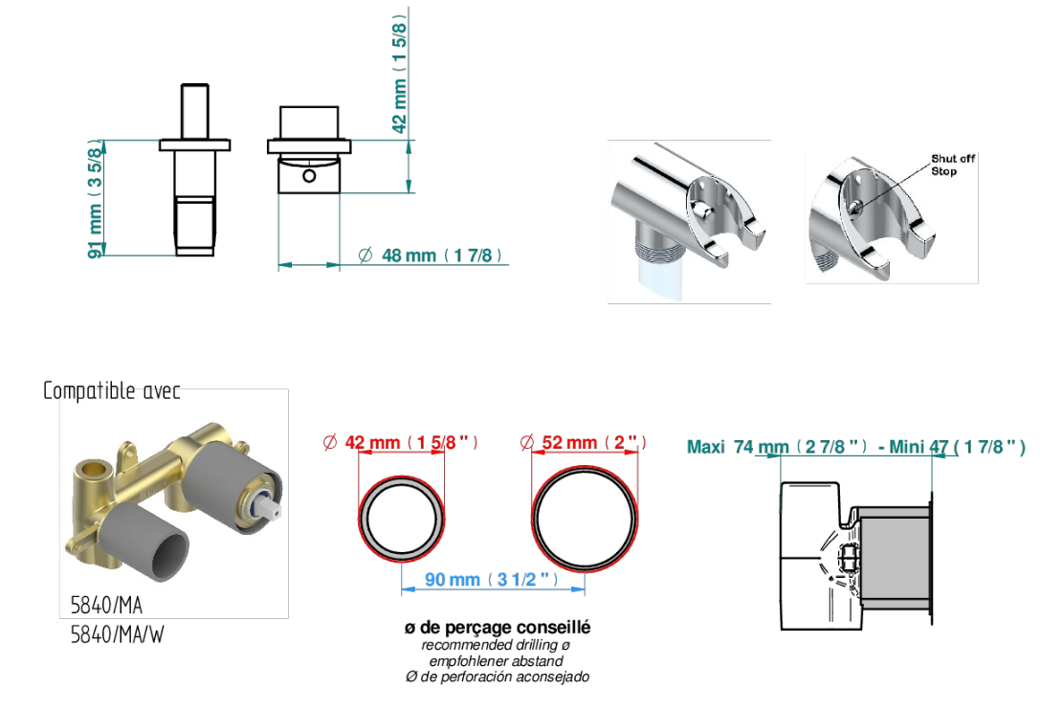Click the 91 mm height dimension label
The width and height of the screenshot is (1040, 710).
pyautogui.click(x=97, y=198)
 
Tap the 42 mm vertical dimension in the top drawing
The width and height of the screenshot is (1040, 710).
pyautogui.click(x=399, y=74)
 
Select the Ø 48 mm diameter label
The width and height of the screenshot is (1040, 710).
pyautogui.click(x=430, y=255)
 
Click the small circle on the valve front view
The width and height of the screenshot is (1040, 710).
pyautogui.click(x=309, y=176)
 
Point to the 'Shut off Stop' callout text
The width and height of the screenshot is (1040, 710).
pyautogui.click(x=952, y=165)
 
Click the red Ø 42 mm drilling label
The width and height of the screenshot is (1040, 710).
pyautogui.click(x=400, y=442)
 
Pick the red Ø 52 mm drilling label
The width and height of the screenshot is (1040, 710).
pyautogui.click(x=583, y=442)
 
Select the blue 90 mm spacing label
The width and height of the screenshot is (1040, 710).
pyautogui.click(x=491, y=579)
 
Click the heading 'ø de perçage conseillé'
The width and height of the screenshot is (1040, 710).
pyautogui.click(x=498, y=627)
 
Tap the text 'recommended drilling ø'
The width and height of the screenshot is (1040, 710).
pyautogui.click(x=497, y=645)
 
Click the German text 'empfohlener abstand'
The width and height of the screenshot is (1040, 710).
pyautogui.click(x=497, y=661)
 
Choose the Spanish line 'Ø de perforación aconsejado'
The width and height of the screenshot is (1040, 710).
pyautogui.click(x=498, y=677)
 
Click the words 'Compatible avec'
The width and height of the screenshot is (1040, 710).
pyautogui.click(x=111, y=390)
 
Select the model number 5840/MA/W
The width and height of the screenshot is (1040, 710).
pyautogui.click(x=117, y=634)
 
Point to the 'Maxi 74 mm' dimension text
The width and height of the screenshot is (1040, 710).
pyautogui.click(x=738, y=447)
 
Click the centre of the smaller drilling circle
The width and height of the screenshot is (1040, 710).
pyautogui.click(x=401, y=519)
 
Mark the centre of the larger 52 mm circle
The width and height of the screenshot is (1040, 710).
pyautogui.click(x=585, y=519)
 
